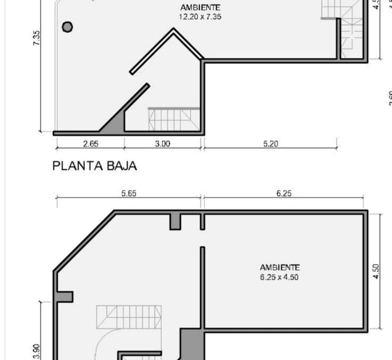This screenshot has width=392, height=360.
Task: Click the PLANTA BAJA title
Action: pos(95,166)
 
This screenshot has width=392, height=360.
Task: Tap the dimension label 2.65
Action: pos(90,144)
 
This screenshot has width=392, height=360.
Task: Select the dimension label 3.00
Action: pos(162,144)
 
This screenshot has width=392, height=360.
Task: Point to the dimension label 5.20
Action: pos(270,144)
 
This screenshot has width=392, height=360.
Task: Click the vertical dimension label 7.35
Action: pos(37,38)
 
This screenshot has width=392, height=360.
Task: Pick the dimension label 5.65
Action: pos(129,193)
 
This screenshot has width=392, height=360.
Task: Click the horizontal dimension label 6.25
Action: pos(284,193)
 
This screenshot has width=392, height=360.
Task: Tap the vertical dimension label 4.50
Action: pos(376,271)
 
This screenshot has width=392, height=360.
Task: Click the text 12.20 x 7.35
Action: pos(200,17)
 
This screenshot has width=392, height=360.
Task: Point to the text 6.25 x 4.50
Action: pos(279,277)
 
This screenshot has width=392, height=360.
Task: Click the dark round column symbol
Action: pos(68,27)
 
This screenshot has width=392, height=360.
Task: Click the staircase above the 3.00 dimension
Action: pos(174,119)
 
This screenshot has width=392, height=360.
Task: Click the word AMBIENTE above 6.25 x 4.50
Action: pos(279,268)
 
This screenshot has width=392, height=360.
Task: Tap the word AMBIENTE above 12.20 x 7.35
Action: pos(200,8)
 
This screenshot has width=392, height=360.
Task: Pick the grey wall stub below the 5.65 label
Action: pos(175,221)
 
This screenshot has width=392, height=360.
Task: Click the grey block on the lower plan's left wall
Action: pos(65,297)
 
